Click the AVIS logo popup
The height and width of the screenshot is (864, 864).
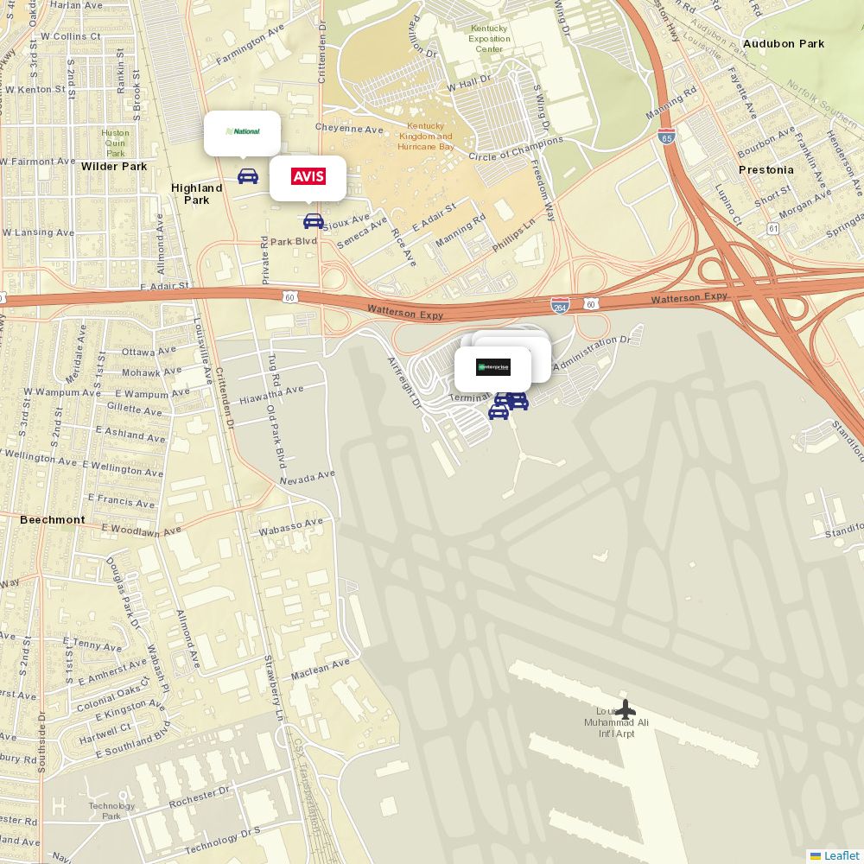click(x=308, y=177)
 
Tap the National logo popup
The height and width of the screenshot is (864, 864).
click(x=243, y=132)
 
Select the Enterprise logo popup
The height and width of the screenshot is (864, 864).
click(x=493, y=367)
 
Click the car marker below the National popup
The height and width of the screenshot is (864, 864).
click(x=248, y=176)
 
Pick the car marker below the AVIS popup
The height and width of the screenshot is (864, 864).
click(x=314, y=221)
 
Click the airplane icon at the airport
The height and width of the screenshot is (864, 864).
click(x=625, y=709)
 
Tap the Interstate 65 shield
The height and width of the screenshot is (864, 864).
click(x=666, y=137)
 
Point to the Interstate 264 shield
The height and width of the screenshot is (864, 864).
click(x=560, y=305)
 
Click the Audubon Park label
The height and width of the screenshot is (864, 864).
click(x=784, y=44)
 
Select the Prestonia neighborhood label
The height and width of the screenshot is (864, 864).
click(x=766, y=170)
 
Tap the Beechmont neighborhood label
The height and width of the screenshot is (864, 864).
click(x=53, y=520)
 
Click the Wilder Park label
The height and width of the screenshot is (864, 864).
click(x=114, y=167)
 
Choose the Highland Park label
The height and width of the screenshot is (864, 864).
click(x=197, y=194)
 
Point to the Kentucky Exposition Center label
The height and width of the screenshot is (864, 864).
click(x=489, y=39)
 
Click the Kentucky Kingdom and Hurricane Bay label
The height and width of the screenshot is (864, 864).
click(x=425, y=137)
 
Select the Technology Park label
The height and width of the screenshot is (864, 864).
click(x=111, y=811)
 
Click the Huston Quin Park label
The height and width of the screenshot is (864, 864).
click(x=116, y=143)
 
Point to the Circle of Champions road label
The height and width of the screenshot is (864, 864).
click(x=515, y=149)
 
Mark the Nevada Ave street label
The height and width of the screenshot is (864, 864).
click(x=307, y=477)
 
